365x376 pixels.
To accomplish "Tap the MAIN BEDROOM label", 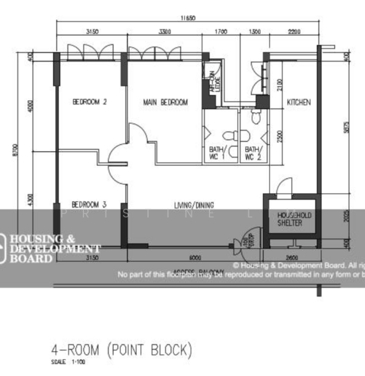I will [x=165, y=102].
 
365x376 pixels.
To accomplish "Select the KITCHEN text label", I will [x=299, y=102].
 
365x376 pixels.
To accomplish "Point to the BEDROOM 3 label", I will [x=88, y=204].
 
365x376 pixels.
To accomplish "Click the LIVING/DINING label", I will [x=194, y=204].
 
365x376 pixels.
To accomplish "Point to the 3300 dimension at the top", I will [x=165, y=31].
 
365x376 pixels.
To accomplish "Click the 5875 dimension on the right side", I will [x=347, y=127].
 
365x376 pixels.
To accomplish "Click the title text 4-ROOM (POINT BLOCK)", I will [x=121, y=349].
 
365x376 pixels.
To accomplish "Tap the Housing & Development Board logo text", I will [x=47, y=248].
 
